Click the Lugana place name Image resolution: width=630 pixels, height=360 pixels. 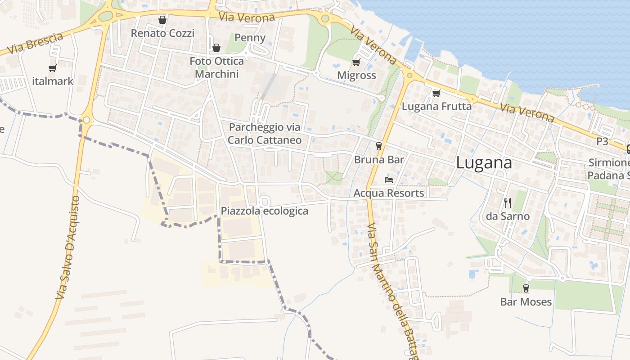tap(484, 163)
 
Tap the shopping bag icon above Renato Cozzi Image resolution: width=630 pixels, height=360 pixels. tap(162, 20)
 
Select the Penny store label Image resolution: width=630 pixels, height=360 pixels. tap(250, 37)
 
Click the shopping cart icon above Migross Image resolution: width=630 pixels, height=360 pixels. tap(356, 63)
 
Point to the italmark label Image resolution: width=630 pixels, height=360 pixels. tap(53, 81)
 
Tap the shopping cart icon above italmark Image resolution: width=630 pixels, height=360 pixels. tap(53, 68)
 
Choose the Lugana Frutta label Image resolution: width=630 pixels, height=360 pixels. tap(436, 107)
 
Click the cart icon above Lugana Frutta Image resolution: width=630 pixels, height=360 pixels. tap(436, 94)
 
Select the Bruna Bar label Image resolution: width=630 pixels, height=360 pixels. tap(379, 159)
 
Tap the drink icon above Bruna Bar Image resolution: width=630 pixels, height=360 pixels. tap(379, 146)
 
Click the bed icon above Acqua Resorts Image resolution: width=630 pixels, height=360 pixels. tap(389, 180)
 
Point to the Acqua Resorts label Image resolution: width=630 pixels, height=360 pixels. tap(389, 193)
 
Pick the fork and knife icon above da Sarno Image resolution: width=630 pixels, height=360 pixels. tap(508, 203)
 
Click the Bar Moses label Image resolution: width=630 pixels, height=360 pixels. tap(526, 301)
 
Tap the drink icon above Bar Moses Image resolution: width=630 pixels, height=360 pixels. tap(526, 288)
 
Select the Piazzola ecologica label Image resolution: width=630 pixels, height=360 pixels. tap(264, 211)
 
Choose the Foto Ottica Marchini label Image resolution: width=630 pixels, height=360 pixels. tap(216, 67)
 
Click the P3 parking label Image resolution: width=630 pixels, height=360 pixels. tap(602, 141)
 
